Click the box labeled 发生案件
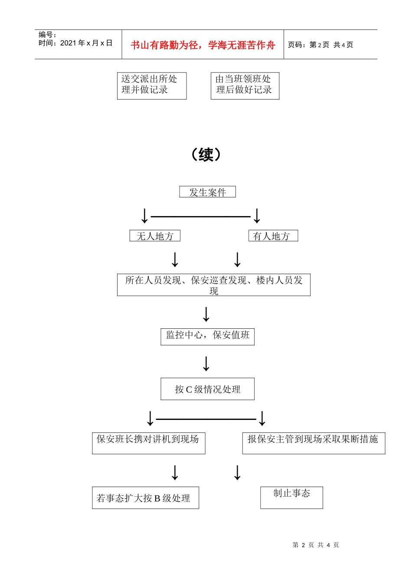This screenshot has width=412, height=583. pyautogui.click(x=207, y=192)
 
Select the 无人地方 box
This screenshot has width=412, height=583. pyautogui.click(x=155, y=236)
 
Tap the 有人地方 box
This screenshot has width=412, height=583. pyautogui.click(x=273, y=236)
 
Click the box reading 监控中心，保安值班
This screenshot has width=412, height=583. pyautogui.click(x=207, y=337)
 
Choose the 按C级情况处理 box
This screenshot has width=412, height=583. pyautogui.click(x=207, y=389)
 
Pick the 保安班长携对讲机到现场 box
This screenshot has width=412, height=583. pyautogui.click(x=148, y=443)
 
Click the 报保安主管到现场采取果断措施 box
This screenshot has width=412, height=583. pyautogui.click(x=313, y=443)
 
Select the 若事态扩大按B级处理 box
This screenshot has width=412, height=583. pyautogui.click(x=145, y=498)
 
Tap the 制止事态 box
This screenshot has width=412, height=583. pyautogui.click(x=291, y=497)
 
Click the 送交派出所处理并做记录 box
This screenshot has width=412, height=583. pyautogui.click(x=151, y=85)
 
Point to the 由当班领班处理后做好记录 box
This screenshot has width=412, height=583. pyautogui.click(x=245, y=85)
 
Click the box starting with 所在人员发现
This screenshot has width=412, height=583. pyautogui.click(x=213, y=285)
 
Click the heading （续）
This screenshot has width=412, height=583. pyautogui.click(x=206, y=154)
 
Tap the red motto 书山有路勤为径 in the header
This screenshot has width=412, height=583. pyautogui.click(x=203, y=45)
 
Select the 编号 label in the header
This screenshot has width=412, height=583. pyautogui.click(x=47, y=35)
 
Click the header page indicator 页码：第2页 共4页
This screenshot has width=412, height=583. pyautogui.click(x=320, y=45)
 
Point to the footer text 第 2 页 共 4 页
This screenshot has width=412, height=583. pyautogui.click(x=316, y=545)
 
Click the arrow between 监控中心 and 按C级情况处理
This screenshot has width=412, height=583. pyautogui.click(x=206, y=364)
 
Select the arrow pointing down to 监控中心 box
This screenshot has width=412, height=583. pyautogui.click(x=206, y=314)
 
